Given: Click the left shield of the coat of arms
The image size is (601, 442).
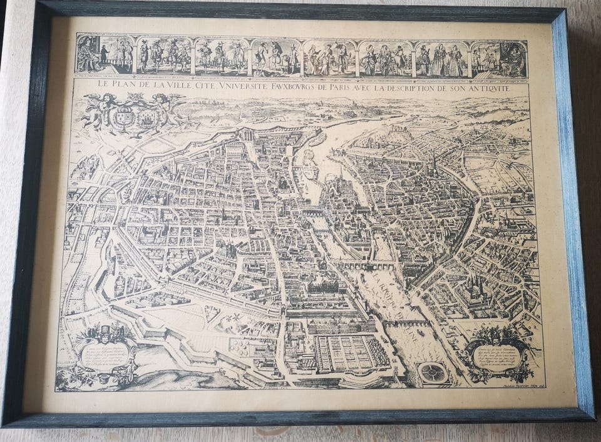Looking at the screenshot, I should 125,115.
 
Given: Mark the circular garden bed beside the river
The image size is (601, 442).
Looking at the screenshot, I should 434,373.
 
